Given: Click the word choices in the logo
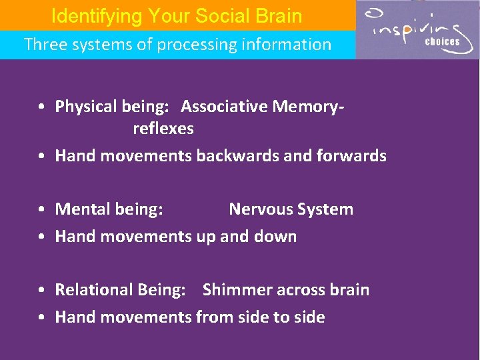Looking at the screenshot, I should point(443,41).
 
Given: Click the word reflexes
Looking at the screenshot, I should point(163,129).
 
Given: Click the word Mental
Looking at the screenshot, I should point(80,209).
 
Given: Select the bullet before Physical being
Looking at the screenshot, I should point(41,107).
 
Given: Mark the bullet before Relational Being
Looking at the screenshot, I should point(41,291).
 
